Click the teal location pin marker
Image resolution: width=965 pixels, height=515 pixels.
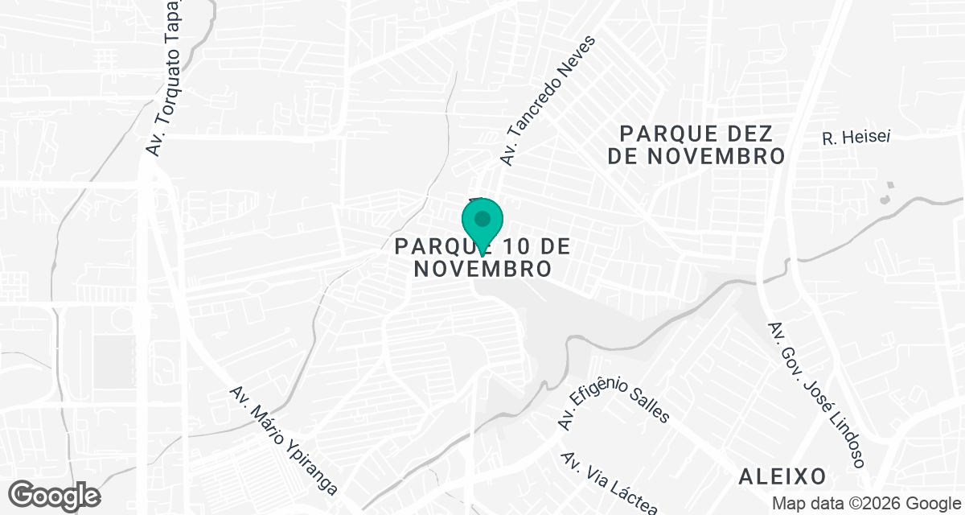pos(482,221)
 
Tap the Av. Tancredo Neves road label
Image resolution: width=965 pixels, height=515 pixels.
pos(548,101)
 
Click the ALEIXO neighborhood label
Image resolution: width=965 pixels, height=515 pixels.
pos(782,476)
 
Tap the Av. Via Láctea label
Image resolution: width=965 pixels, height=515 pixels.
pos(610,482)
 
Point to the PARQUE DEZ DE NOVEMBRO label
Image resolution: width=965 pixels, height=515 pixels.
pos(696,144)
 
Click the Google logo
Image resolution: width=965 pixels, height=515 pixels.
pos(55,494)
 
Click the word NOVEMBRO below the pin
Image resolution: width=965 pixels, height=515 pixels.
pos(482,269)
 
